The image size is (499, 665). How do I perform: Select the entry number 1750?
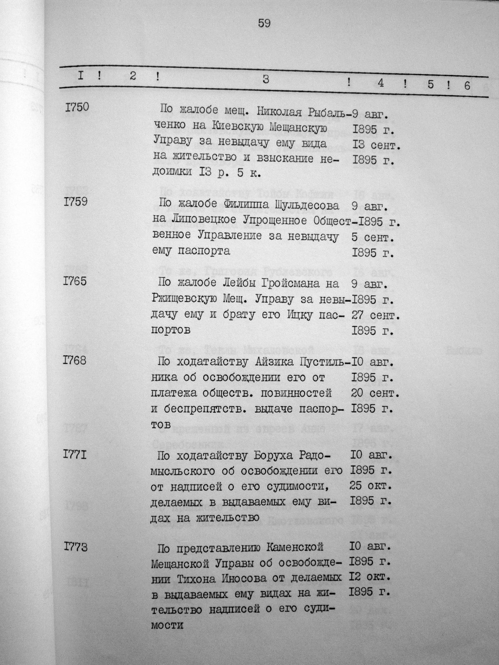point(77,107)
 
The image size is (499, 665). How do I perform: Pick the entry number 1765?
point(76,281)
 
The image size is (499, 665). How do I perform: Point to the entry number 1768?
point(75,361)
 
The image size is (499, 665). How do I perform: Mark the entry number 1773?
point(76,547)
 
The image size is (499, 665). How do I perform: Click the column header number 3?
point(266,80)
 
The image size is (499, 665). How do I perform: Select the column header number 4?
point(380,83)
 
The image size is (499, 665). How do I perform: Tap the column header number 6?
point(467,86)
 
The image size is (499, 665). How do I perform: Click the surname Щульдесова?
point(304,206)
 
